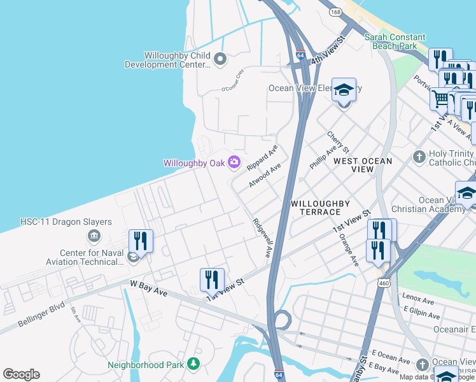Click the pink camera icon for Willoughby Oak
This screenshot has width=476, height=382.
pyautogui.click(x=235, y=163)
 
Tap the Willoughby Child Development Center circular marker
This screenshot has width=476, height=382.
pyautogui.click(x=220, y=60)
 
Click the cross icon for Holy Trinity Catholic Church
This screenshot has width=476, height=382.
pyautogui.click(x=419, y=156)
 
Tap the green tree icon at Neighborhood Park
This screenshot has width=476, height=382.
pyautogui.click(x=193, y=364)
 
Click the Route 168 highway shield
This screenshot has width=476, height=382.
pyautogui.click(x=335, y=12)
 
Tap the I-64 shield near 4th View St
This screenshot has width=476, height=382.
pyautogui.click(x=300, y=55)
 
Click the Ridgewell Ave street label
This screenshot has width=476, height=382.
pyautogui.click(x=262, y=238)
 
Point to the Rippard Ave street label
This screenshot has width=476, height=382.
pyautogui.click(x=262, y=156)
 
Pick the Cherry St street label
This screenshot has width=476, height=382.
pyautogui.click(x=338, y=142)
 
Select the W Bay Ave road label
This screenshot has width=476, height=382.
pyautogui.click(x=148, y=288)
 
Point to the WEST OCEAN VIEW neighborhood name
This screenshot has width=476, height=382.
pyautogui.click(x=363, y=165)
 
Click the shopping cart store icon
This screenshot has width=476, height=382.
pyautogui.click(x=441, y=98)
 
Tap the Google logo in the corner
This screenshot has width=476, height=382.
pyautogui.click(x=21, y=374)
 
